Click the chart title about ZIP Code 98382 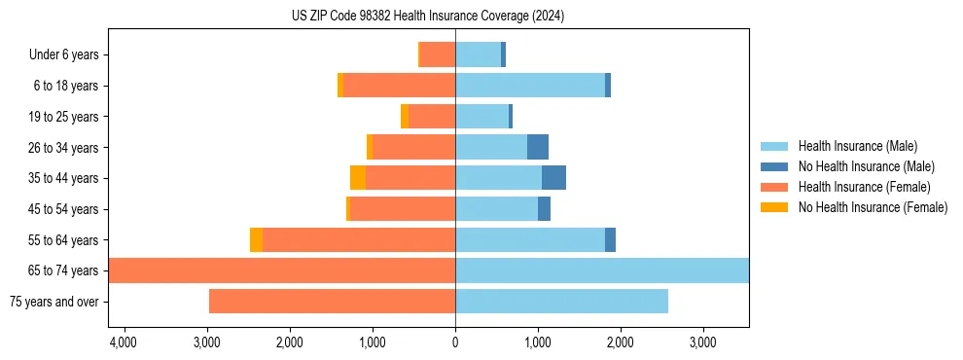(428, 17)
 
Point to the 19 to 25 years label (63, 117)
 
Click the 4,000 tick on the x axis (124, 342)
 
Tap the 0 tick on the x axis (455, 342)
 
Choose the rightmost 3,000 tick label (702, 342)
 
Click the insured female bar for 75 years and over (332, 302)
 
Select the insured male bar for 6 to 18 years (530, 86)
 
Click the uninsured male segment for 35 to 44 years (553, 178)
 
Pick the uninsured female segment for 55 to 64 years (256, 240)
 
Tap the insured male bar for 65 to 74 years (601, 270)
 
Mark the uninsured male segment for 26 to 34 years (538, 147)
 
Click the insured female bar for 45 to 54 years (403, 209)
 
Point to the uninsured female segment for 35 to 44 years (358, 178)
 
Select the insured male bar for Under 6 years (478, 54)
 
